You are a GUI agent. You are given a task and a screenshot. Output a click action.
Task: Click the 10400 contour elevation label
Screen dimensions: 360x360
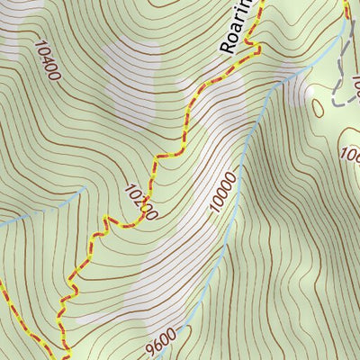(47, 59)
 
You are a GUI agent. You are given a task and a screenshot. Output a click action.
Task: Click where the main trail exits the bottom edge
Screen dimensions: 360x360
(67, 355)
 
